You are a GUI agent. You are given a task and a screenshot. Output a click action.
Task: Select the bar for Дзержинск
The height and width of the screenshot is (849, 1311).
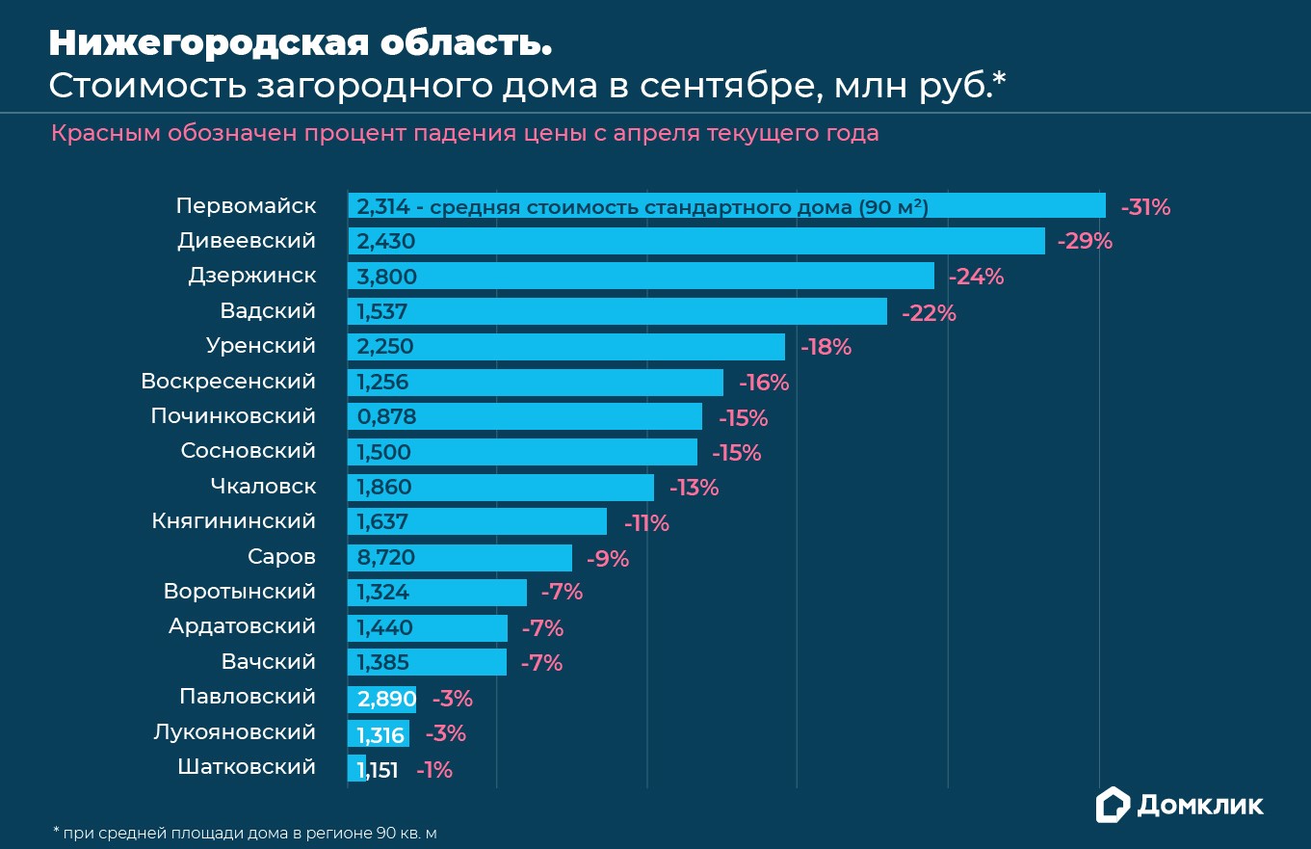point(641,277)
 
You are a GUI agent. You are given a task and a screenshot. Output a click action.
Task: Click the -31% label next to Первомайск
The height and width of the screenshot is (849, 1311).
point(1145,207)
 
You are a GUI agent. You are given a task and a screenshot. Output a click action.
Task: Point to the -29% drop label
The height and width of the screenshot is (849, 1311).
point(1085,242)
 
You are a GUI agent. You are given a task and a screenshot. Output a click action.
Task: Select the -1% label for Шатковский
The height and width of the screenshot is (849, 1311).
point(434,770)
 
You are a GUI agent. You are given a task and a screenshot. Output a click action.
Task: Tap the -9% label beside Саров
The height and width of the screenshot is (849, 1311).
point(607,559)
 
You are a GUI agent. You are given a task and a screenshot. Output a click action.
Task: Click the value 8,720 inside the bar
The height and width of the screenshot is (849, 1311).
point(385,558)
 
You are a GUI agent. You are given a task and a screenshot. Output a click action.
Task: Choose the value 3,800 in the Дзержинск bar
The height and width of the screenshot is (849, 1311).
point(386,278)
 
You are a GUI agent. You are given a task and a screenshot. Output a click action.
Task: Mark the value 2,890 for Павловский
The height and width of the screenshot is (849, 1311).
point(385,699)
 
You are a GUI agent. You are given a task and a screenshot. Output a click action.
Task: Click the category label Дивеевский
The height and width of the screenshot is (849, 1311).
point(247,241)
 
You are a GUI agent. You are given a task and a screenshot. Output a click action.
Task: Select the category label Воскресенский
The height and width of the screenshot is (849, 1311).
point(228,382)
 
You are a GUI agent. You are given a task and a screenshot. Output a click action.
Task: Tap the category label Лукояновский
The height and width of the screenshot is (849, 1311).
point(234,732)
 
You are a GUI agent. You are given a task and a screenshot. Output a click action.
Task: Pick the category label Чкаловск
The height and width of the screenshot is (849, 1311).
point(263,487)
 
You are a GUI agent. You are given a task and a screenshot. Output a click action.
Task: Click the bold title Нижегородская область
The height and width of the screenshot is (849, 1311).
point(301,43)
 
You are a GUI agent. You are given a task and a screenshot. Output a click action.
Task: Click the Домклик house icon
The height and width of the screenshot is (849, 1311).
point(1113,804)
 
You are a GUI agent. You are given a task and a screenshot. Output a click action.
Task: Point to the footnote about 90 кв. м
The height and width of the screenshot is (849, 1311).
point(250,832)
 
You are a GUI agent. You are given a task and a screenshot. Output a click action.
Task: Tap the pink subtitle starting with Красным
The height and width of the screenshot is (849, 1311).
point(464,133)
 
